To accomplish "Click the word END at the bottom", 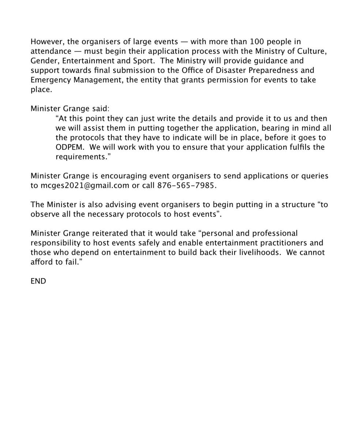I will [x=38, y=281].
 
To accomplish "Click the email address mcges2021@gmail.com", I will [x=85, y=185].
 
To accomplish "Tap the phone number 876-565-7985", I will [x=186, y=185].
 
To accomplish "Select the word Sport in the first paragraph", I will [x=143, y=61].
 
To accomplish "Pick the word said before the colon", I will [x=100, y=109].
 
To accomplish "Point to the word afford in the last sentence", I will [x=41, y=262].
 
